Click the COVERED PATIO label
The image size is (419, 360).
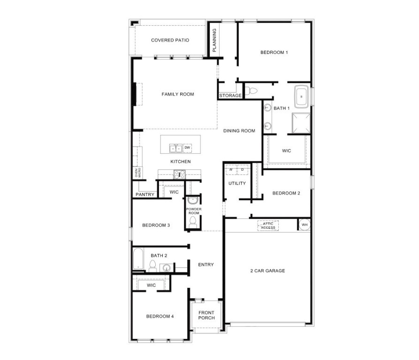(170, 40)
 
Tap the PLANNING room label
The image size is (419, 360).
(214, 40)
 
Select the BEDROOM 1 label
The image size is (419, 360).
(274, 52)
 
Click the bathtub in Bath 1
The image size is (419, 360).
(301, 96)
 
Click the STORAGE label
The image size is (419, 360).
(230, 96)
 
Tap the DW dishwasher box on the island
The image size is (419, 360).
(187, 148)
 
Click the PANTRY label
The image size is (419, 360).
(145, 195)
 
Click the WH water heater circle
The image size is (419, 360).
(304, 225)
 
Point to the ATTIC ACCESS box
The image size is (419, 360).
(268, 225)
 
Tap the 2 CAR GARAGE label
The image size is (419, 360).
(268, 270)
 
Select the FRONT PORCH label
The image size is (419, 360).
(206, 315)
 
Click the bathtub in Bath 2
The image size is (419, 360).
(138, 259)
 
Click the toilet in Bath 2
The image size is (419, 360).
(152, 266)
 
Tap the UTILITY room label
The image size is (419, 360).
(237, 183)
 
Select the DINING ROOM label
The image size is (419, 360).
(239, 131)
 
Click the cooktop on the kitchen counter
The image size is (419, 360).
(180, 174)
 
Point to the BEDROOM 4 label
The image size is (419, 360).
(160, 316)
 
